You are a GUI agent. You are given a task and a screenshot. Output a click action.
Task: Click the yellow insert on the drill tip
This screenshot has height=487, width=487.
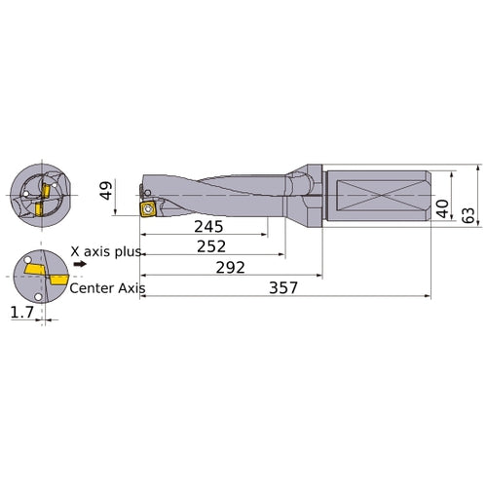coord(149,208)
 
